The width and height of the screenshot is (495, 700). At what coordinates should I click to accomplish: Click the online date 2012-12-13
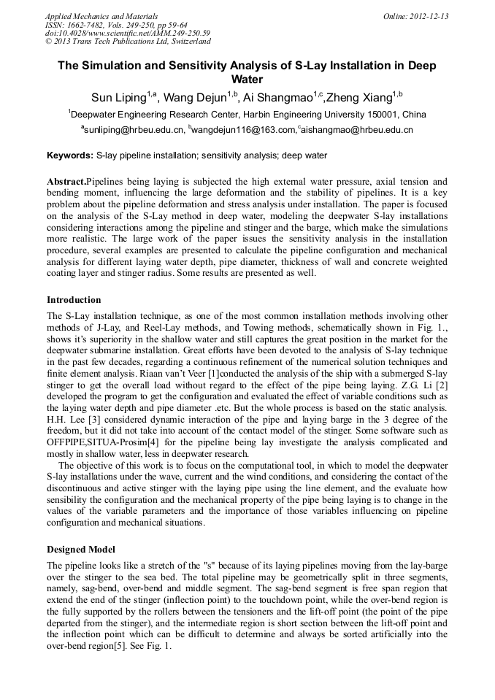tap(427, 16)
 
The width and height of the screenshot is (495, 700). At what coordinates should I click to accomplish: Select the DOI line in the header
tap(128, 34)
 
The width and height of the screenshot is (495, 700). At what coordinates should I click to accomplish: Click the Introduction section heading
tap(74, 300)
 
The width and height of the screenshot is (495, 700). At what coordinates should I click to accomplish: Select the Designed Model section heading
tap(80, 549)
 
